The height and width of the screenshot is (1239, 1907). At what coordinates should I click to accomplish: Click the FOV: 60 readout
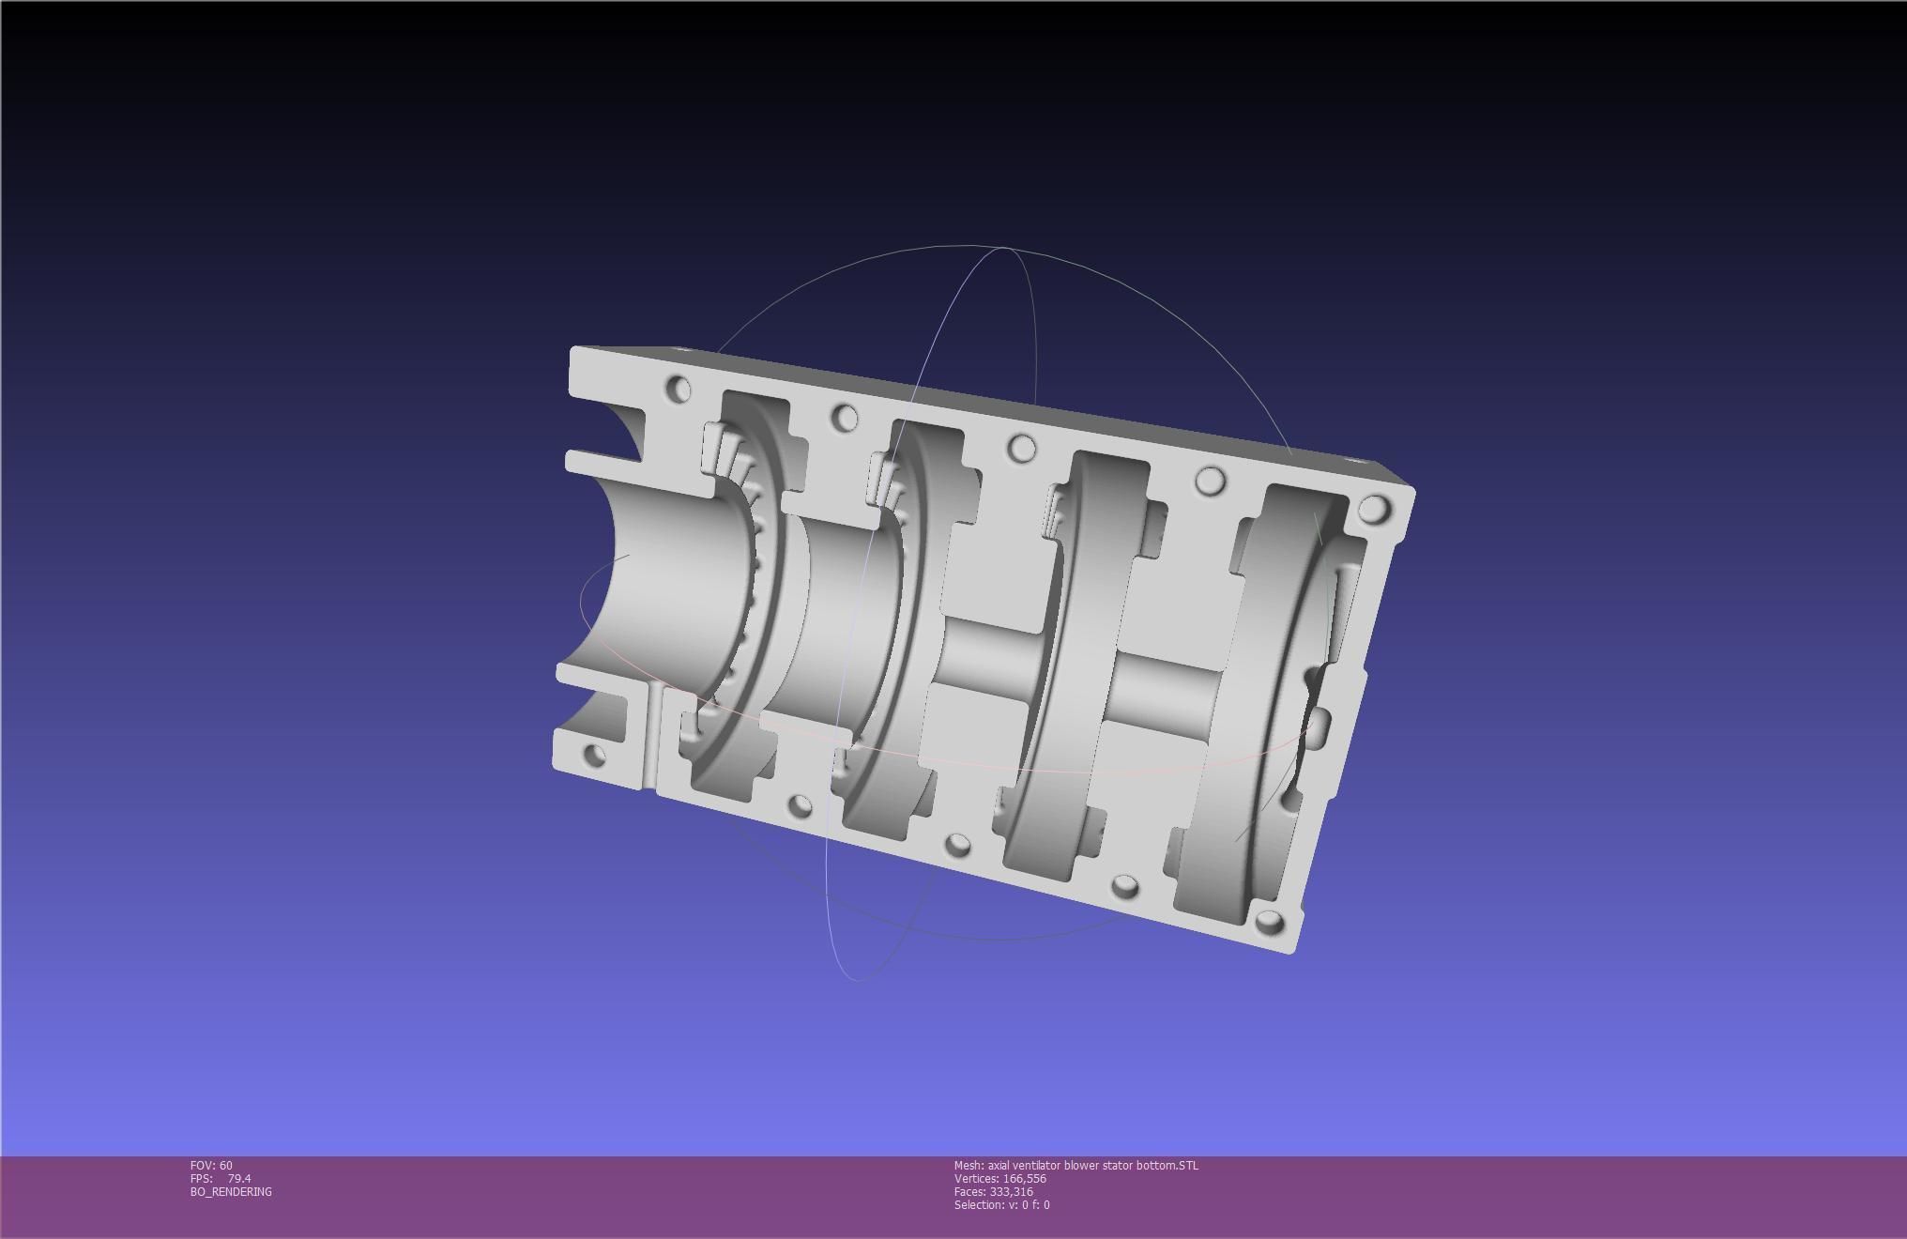point(211,1166)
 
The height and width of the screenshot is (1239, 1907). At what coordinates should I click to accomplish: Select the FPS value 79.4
point(238,1179)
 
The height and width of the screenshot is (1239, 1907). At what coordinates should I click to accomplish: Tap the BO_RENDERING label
point(231,1192)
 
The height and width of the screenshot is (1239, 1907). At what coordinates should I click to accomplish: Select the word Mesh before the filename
point(968,1166)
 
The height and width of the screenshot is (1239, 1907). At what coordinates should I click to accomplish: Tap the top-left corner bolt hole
point(679,388)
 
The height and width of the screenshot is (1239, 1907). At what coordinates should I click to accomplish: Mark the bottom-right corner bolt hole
point(1269,922)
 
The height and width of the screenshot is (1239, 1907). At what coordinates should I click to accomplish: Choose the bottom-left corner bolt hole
point(594,755)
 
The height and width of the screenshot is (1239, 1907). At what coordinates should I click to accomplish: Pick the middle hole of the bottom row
point(957,845)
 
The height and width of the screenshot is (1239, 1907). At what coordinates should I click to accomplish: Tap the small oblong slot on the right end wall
point(1318,723)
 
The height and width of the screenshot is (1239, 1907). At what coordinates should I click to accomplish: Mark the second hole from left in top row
point(845,418)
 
